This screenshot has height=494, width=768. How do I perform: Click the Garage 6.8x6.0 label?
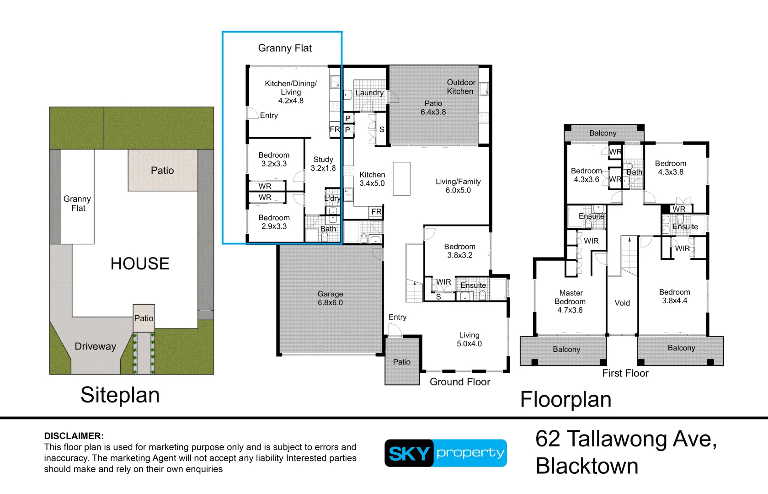330,298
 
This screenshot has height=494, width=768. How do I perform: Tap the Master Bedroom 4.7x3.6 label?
570,301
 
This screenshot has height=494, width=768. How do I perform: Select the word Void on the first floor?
622,303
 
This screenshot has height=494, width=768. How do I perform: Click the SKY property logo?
446,453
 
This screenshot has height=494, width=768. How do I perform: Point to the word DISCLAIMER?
74,436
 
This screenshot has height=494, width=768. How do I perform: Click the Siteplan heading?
120,395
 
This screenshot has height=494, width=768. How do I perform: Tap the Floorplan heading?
566,399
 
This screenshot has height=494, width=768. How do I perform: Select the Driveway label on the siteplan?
95,347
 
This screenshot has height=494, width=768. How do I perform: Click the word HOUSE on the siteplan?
140,263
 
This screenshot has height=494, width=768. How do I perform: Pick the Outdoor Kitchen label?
461,87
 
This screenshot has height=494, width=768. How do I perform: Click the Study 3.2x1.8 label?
323,164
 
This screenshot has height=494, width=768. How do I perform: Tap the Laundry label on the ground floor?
369,92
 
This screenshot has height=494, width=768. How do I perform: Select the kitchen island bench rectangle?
401,179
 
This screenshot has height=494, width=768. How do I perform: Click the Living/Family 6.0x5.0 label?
458,186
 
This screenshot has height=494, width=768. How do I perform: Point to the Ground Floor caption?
460,382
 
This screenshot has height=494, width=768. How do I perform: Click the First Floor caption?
625,373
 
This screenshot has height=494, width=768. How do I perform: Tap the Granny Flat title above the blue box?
285,48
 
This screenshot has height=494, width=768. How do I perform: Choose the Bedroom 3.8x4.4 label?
674,296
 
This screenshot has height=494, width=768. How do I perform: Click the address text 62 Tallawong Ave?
626,439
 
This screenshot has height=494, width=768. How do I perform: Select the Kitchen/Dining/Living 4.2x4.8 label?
291,92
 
